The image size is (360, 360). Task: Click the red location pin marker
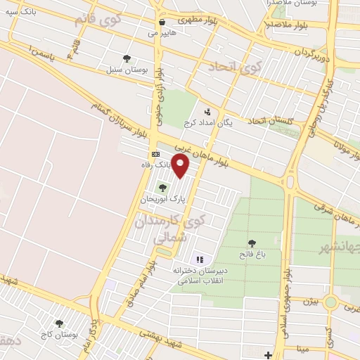pyautogui.click(x=181, y=166)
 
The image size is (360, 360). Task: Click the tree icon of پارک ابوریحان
pyautogui.click(x=163, y=188)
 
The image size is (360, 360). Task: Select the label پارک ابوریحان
pyautogui.click(x=164, y=200)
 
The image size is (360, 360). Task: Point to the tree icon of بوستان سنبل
pyautogui.click(x=127, y=59)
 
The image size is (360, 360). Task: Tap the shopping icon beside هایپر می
pyautogui.click(x=162, y=22)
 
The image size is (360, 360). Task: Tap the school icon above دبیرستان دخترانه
pyautogui.click(x=199, y=259)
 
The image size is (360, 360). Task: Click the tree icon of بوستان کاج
pyautogui.click(x=59, y=323)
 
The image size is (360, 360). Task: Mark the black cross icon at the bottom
pyautogui.click(x=269, y=355)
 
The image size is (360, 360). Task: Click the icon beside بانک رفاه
pyautogui.click(x=155, y=154)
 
